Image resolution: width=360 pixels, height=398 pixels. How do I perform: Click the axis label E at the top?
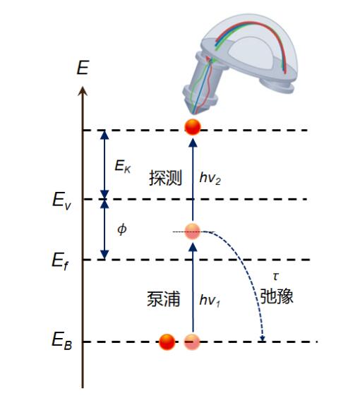click(83, 68)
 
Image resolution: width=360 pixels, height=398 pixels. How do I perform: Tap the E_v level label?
click(61, 200)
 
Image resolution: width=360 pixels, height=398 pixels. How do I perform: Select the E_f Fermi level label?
click(60, 261)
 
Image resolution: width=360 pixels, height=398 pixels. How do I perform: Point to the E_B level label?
click(61, 341)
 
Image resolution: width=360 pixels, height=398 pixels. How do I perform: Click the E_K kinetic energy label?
click(123, 167)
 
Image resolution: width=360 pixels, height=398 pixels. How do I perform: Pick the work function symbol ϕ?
click(122, 229)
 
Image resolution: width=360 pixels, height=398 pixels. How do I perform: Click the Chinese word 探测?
click(165, 178)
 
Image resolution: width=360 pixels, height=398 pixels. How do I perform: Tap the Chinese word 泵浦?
click(164, 298)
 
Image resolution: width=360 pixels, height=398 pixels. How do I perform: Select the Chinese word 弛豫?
click(277, 296)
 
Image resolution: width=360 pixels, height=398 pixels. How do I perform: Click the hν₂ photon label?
click(210, 178)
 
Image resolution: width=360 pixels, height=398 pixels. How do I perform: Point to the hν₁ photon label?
click(210, 301)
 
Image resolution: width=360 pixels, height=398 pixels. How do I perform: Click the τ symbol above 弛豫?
click(276, 276)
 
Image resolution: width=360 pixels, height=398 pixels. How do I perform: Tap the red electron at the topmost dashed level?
click(193, 127)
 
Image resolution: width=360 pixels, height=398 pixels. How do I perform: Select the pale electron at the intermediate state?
click(192, 231)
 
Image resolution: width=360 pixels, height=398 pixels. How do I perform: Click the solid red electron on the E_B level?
click(167, 342)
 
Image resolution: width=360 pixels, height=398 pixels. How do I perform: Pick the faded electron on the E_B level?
click(192, 342)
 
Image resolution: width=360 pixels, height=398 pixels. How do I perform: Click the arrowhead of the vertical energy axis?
click(83, 91)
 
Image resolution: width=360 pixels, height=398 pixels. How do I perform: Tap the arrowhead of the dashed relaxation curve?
click(263, 338)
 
